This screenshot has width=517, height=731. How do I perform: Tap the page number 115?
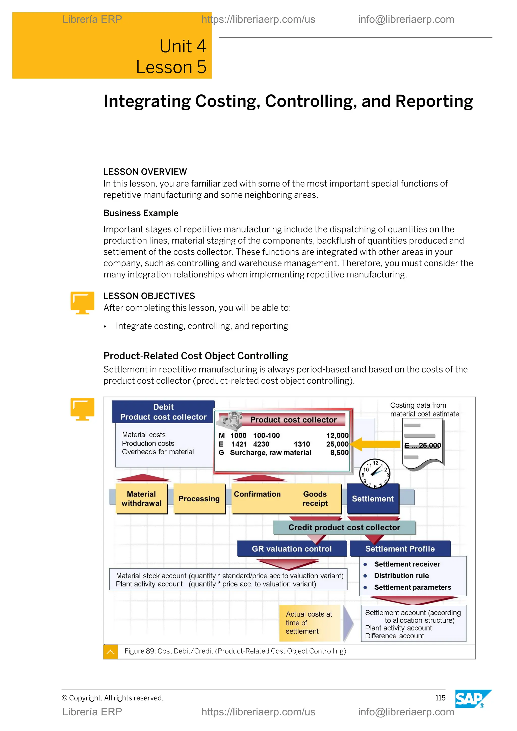click(x=440, y=698)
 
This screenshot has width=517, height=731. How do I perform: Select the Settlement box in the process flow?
click(x=373, y=499)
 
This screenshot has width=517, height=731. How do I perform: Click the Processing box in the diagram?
click(x=199, y=499)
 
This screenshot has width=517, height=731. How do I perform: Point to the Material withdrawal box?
click(x=141, y=499)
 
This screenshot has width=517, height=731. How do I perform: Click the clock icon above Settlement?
click(x=375, y=474)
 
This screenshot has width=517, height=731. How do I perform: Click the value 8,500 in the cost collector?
click(x=339, y=452)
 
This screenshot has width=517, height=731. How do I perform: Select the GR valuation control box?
click(x=292, y=549)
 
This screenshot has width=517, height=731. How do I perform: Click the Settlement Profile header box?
click(x=400, y=549)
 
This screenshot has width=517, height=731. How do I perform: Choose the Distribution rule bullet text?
click(x=401, y=575)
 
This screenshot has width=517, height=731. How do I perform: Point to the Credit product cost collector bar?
click(x=344, y=528)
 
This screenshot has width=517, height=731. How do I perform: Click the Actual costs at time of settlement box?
click(x=309, y=623)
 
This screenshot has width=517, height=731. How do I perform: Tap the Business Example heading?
click(x=141, y=213)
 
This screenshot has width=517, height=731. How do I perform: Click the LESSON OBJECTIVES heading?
click(x=149, y=296)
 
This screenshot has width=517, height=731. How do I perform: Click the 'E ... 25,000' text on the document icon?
click(x=422, y=446)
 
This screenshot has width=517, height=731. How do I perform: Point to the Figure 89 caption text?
click(x=235, y=651)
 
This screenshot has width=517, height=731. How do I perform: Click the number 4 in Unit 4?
click(x=201, y=46)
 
